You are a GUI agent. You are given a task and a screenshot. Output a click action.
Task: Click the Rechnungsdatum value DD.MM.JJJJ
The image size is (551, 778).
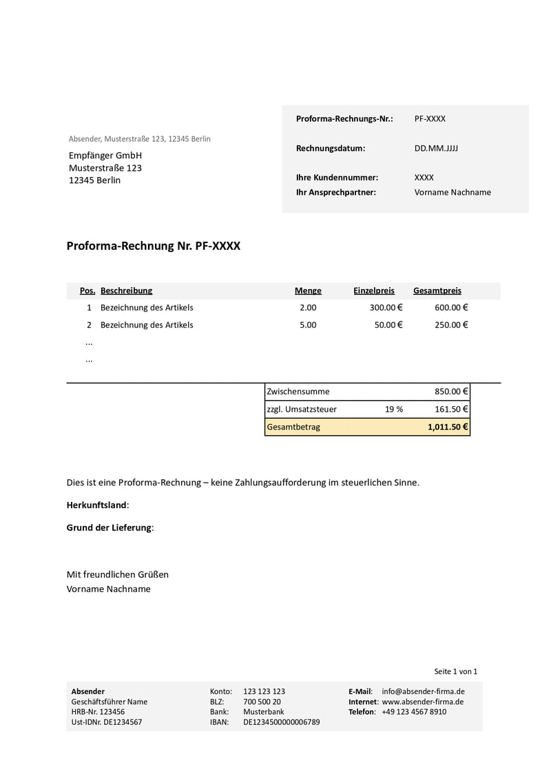coord(436,148)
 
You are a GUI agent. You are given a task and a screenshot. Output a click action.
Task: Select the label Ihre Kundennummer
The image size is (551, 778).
coord(337,178)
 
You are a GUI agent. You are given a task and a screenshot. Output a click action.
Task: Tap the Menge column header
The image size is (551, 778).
coord(308,291)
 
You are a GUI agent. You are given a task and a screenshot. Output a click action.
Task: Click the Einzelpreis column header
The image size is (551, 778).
coord(374,291)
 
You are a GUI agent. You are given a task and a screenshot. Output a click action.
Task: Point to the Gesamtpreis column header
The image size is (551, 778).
coord(437,291)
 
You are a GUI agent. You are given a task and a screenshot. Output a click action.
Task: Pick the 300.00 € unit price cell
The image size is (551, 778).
coord(386,308)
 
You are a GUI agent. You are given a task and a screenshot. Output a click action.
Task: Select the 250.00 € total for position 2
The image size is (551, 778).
coord(451,325)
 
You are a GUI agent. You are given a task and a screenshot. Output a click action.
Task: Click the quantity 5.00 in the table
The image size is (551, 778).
coord(308,325)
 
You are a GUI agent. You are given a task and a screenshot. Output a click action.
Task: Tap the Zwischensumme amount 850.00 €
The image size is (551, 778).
coord(451,392)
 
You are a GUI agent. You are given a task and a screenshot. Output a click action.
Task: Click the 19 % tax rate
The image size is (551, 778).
coord(394,409)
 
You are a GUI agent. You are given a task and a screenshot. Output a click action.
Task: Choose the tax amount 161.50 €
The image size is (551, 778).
coord(451,409)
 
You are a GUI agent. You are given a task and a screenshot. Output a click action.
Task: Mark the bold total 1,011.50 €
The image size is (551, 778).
coord(448,427)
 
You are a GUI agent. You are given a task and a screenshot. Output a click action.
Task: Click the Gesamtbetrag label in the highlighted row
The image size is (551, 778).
coord(293,427)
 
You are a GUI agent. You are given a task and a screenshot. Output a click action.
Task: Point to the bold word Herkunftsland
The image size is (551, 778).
coord(96,505)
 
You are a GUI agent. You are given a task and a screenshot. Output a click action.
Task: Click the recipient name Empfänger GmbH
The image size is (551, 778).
coord(105,156)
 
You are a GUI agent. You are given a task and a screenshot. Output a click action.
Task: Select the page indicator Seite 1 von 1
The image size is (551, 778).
coord(455,671)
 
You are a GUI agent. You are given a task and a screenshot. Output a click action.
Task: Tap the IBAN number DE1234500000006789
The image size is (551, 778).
coord(281,722)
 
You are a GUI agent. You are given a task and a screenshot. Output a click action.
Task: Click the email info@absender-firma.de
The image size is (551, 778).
coord(423,691)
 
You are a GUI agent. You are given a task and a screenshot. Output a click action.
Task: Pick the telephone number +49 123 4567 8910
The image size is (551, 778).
coord(413,712)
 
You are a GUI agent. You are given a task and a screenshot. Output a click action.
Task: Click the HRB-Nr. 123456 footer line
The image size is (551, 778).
coord(98,712)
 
